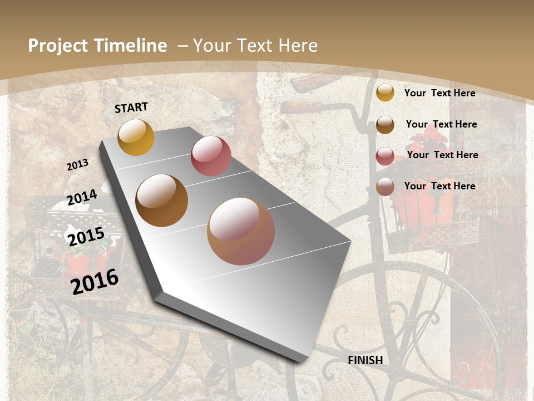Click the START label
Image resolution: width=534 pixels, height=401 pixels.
tap(131, 107)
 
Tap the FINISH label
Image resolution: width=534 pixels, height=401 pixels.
tap(365, 360)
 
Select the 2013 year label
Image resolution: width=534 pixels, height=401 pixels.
tap(77, 165)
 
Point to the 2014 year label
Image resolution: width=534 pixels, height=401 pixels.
tap(82, 197)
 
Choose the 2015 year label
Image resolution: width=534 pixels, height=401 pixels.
tap(86, 237)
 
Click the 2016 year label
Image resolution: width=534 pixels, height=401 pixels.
tap(95, 281)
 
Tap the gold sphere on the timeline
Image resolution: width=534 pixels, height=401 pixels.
tap(136, 137)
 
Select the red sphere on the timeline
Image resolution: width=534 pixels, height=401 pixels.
tap(211, 156)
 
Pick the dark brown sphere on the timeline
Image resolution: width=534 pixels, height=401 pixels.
tap(162, 200)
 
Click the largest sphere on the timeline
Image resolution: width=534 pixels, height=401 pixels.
tap(241, 231)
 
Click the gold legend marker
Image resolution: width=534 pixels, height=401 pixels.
tap(385, 92)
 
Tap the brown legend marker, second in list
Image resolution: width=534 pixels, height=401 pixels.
tap(385, 124)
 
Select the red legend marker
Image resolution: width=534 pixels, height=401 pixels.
tap(385, 156)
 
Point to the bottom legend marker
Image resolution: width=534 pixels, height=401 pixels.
tap(385, 187)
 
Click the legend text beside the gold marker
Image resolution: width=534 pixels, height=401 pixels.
tap(439, 93)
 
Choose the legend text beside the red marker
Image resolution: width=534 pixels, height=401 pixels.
tap(442, 155)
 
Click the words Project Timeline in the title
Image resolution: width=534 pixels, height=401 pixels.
tap(97, 46)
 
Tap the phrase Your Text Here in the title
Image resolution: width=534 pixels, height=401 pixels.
tap(255, 46)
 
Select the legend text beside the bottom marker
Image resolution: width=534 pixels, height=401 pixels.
tap(439, 186)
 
